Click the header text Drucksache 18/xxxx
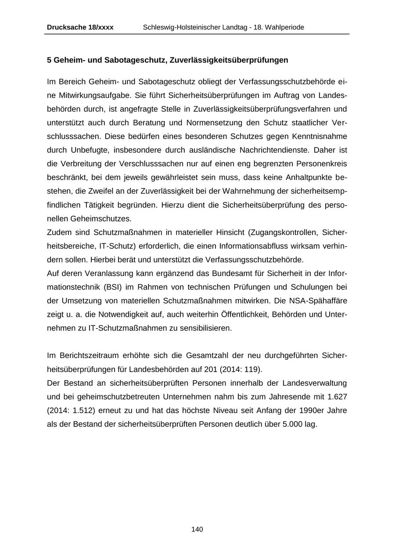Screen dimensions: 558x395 tap(80, 27)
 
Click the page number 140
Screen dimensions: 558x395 tap(197, 529)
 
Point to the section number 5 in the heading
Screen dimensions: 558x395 tap(49, 60)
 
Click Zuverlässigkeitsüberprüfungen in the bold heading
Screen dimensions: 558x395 tap(228, 60)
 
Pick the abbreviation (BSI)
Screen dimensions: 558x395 tap(112, 287)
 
